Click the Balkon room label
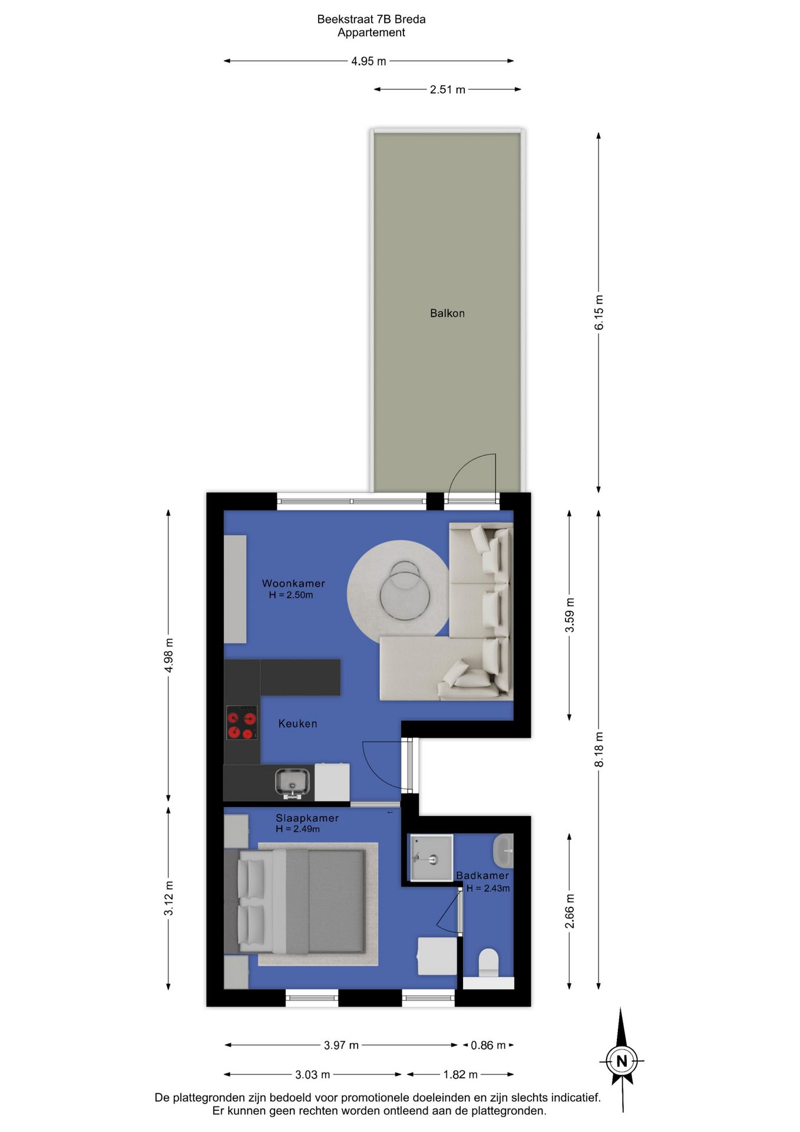coord(447,313)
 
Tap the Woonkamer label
coord(293,583)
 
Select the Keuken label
coord(297,723)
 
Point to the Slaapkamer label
coord(307,818)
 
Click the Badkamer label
coord(482,876)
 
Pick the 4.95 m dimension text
coord(369,61)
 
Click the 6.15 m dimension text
coord(599,312)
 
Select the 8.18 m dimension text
coord(599,749)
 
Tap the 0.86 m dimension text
coord(488,1045)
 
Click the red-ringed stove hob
coord(242,723)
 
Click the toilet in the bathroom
coord(488,963)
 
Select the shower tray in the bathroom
coord(431,858)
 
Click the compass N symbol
coord(622,1061)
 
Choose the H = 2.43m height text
coord(488,889)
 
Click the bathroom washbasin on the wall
coord(503,851)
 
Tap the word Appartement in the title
coord(371,32)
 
